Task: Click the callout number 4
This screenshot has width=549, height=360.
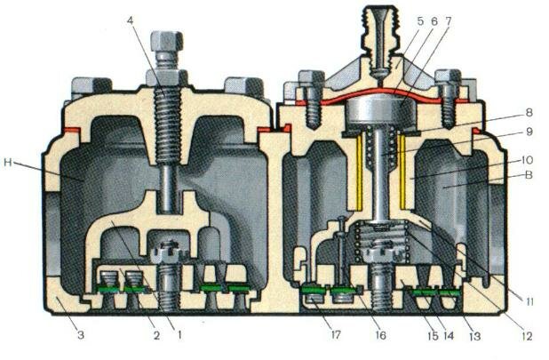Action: pos(131,20)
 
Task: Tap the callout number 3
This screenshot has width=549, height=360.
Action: pos(81,335)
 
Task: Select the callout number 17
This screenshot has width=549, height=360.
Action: pos(335,335)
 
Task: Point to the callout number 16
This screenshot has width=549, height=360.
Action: pos(380,335)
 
